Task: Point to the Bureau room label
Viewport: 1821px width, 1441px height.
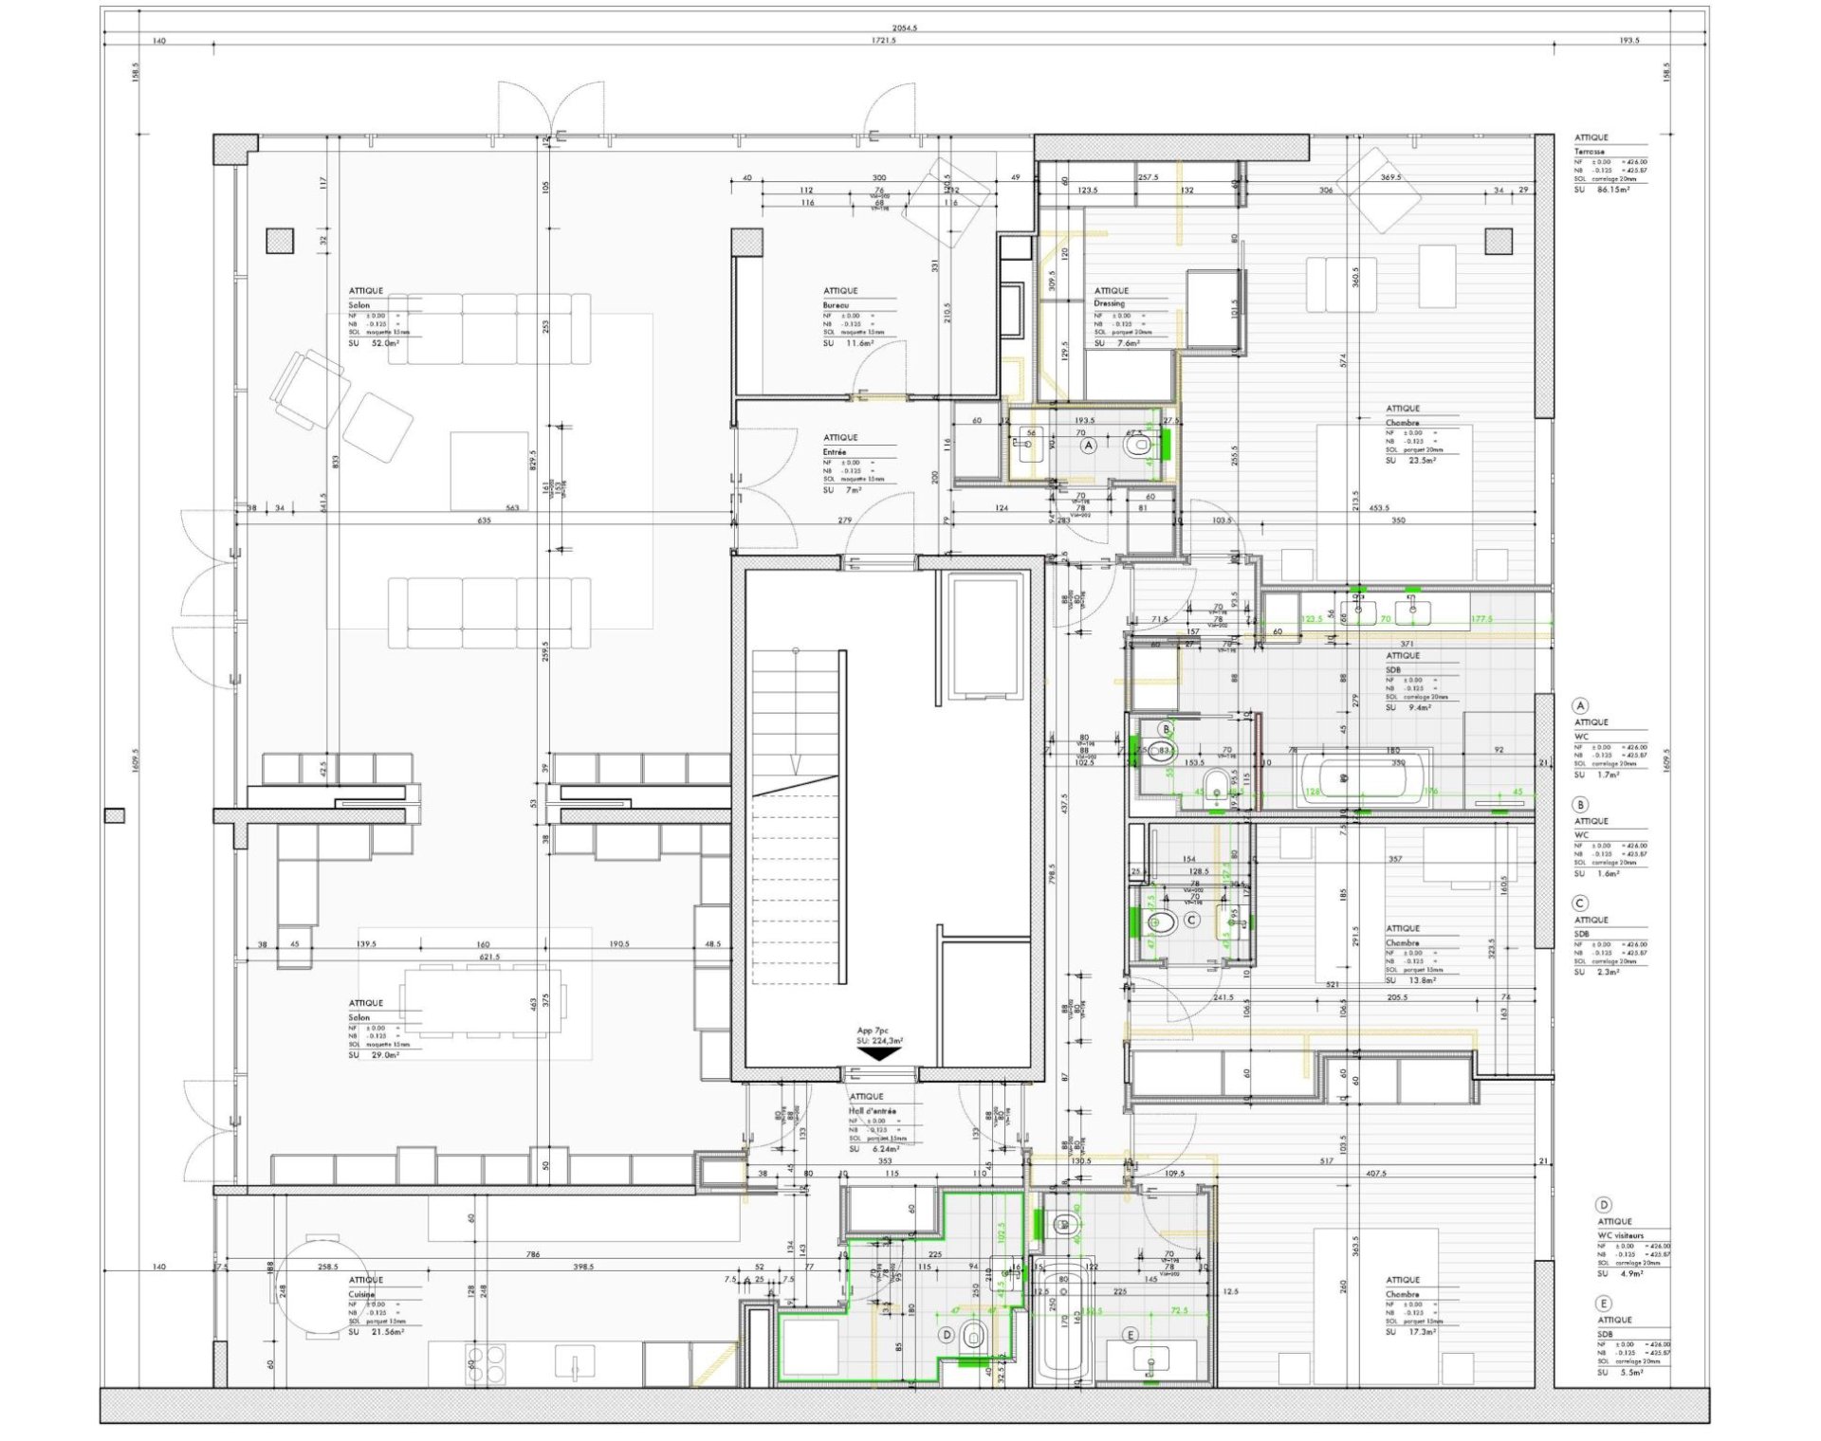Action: click(x=836, y=305)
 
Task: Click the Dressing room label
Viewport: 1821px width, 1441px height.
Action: click(x=1109, y=303)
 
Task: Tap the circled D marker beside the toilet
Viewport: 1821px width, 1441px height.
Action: click(x=946, y=1334)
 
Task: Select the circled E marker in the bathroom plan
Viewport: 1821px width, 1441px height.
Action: click(x=1130, y=1334)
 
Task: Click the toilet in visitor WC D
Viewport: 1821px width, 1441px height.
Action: click(x=972, y=1337)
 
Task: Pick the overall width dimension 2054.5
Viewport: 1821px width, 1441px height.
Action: click(x=905, y=28)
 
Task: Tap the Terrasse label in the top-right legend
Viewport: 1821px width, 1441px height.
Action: click(x=1590, y=152)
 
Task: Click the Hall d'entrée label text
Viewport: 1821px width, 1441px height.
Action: click(x=873, y=1111)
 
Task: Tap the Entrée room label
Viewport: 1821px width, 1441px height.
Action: click(x=835, y=452)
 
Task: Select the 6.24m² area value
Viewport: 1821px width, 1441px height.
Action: click(x=888, y=1149)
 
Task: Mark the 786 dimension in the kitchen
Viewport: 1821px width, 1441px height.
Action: click(x=532, y=1254)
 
